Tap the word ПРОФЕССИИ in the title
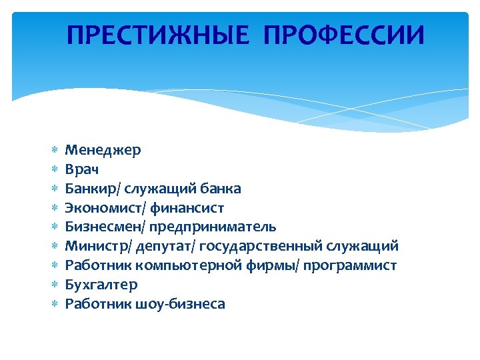pyautogui.click(x=344, y=35)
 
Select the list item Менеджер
pyautogui.click(x=103, y=150)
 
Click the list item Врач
pyautogui.click(x=83, y=169)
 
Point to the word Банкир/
pyautogui.click(x=93, y=189)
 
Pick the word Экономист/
pyautogui.click(x=105, y=208)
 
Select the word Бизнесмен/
pyautogui.click(x=105, y=227)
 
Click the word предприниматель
pyautogui.click(x=213, y=227)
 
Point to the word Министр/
pyautogui.click(x=98, y=247)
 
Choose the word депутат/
pyautogui.click(x=165, y=247)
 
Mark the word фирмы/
pyautogui.click(x=279, y=265)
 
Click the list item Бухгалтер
pyautogui.click(x=101, y=285)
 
